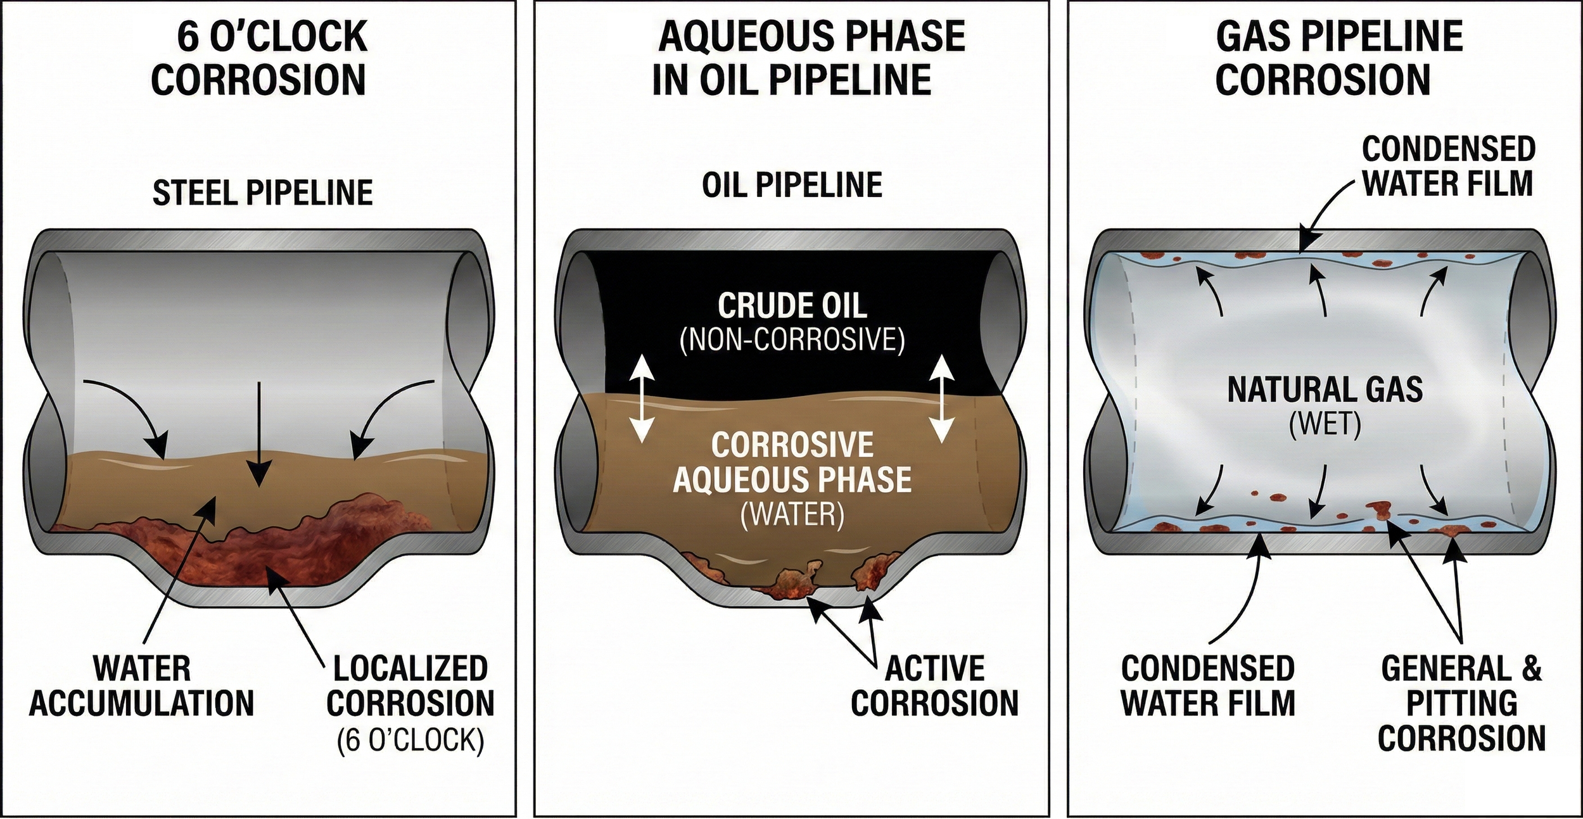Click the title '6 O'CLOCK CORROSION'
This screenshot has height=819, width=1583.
[x=259, y=58]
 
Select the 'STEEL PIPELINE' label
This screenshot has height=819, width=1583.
[x=262, y=193]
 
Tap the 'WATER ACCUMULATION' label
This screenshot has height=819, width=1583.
[x=142, y=686]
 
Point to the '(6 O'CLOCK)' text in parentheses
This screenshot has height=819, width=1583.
[x=410, y=740]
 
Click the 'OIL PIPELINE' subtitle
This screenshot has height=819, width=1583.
[x=792, y=185]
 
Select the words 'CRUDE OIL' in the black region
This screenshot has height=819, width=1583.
[x=792, y=307]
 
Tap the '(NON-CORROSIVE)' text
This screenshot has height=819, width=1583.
[x=792, y=341]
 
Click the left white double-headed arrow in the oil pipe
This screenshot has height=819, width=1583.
[x=642, y=398]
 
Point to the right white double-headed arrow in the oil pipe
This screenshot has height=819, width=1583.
[x=941, y=398]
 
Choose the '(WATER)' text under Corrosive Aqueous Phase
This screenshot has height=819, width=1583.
[x=792, y=515]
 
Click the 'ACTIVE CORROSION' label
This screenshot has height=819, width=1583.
[x=934, y=686]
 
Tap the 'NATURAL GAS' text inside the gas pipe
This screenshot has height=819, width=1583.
[x=1325, y=389]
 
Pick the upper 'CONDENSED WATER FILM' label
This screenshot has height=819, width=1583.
[x=1447, y=166]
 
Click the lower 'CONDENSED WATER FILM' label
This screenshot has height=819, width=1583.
[x=1208, y=686]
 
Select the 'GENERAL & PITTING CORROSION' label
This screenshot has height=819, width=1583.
[x=1461, y=703]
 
